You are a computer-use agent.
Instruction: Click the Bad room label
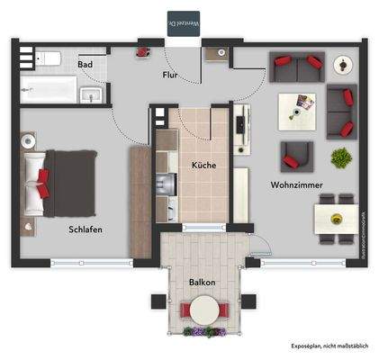[86, 65]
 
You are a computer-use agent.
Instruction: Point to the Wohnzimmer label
[297, 184]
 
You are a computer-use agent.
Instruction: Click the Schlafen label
[86, 229]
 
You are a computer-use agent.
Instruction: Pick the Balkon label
[202, 283]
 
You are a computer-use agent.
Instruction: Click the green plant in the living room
[341, 158]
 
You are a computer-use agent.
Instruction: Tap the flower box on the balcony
[204, 332]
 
